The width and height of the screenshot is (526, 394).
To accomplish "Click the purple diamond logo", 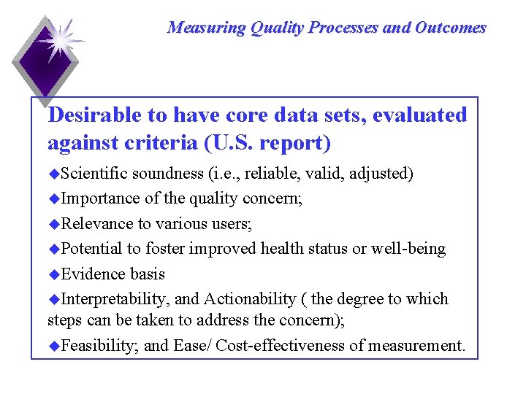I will [x=45, y=61].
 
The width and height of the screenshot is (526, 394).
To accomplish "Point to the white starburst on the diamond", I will [x=58, y=40].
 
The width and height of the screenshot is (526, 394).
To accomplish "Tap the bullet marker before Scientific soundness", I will [x=53, y=174].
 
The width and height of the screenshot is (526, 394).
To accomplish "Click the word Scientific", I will [x=94, y=174].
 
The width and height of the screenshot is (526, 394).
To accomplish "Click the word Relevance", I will [x=94, y=223].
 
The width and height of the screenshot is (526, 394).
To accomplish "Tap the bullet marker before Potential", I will [x=53, y=249].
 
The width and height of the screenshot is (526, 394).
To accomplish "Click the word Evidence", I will [x=91, y=274].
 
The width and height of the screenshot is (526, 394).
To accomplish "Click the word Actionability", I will [x=251, y=299].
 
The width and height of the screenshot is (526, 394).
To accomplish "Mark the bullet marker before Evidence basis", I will [x=53, y=274].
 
